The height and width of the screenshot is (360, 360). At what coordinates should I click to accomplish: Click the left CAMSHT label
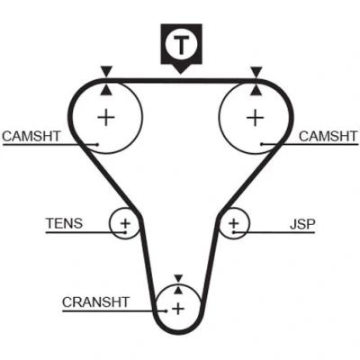(x=31, y=136)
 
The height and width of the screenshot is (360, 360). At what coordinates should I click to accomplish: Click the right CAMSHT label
(x=328, y=136)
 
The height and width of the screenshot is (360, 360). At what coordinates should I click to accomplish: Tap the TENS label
(x=64, y=223)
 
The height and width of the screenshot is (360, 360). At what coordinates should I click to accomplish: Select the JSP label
(x=302, y=224)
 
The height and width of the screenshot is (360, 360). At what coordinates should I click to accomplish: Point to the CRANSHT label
(x=95, y=302)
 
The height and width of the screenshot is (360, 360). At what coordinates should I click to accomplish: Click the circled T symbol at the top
(x=181, y=45)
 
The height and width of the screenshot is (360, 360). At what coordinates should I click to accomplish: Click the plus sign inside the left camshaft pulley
(x=106, y=117)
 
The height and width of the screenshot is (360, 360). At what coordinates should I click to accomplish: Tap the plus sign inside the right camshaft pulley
(x=256, y=117)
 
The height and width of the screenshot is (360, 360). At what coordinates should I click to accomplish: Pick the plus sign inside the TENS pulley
(x=125, y=223)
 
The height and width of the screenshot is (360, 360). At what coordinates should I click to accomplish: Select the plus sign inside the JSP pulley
(x=233, y=223)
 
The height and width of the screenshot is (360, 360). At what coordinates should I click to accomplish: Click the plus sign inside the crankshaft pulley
(x=178, y=309)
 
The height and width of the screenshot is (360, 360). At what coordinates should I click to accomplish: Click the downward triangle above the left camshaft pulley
(x=106, y=71)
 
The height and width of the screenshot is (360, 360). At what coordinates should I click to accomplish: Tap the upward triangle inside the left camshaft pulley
(x=106, y=90)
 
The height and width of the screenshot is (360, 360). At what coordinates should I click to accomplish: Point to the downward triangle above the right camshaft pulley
(x=256, y=71)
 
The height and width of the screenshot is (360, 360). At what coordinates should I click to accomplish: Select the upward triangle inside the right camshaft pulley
(x=256, y=90)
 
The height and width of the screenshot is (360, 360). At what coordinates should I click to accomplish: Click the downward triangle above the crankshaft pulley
(x=178, y=278)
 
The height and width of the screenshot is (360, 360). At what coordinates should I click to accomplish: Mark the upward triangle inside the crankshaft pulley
(x=178, y=290)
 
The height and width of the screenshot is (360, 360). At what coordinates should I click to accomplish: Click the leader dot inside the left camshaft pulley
(x=98, y=144)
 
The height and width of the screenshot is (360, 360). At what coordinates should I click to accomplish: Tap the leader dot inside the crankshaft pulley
(x=166, y=311)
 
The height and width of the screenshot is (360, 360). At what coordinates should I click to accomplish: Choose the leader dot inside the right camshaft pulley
(x=262, y=144)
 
